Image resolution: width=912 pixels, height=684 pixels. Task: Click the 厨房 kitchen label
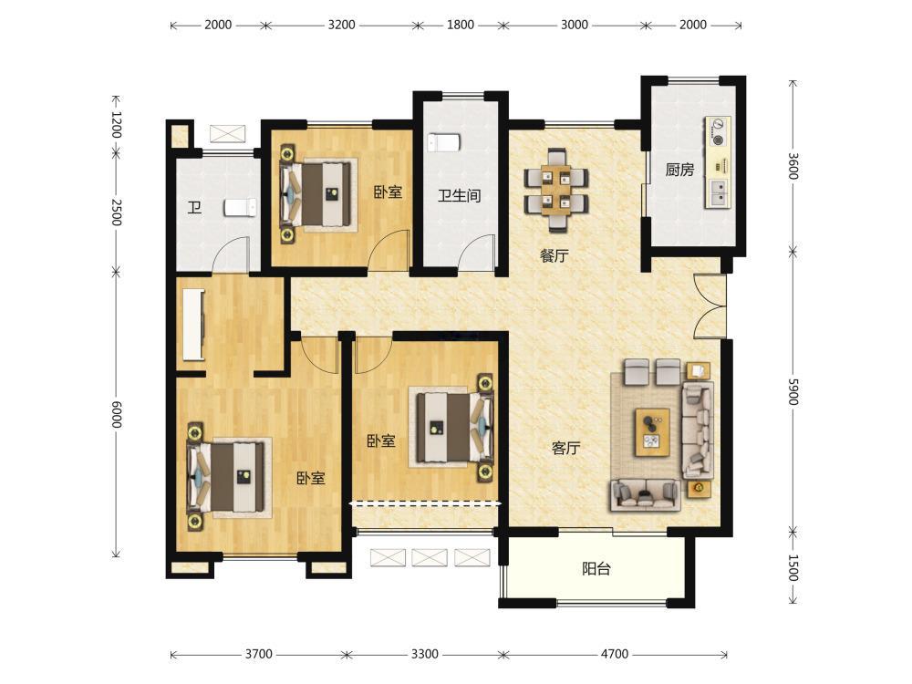coord(679,170)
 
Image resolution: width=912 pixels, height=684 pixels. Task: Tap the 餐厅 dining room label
coord(554,255)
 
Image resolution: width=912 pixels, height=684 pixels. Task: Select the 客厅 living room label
coord(565,448)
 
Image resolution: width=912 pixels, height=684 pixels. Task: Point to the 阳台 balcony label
coord(596,568)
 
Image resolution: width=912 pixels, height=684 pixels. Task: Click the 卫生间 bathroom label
coord(459,195)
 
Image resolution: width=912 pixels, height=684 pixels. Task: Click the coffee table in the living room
coord(652,432)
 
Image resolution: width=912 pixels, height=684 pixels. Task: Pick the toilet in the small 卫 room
coord(240,207)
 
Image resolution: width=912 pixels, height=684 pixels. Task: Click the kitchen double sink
coord(719,192)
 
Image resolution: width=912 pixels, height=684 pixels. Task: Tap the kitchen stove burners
coord(719,131)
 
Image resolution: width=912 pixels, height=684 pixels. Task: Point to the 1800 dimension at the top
coord(460,25)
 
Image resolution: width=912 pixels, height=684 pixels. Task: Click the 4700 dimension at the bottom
coord(615,654)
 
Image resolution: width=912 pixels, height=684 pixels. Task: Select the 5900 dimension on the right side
coord(793,391)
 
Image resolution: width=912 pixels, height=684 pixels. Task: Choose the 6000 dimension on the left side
coord(117,414)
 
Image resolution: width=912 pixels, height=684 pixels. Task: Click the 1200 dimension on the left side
coord(117,124)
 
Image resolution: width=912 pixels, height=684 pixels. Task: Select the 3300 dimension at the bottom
coord(425,654)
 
